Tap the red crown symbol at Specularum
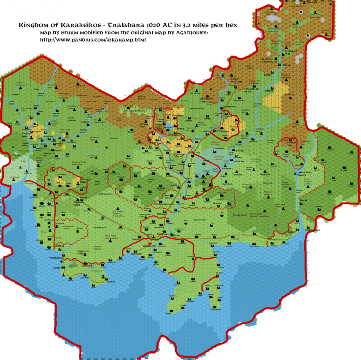[x=150, y=244]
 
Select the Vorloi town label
[x=169, y=313]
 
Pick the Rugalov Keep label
[x=312, y=230]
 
